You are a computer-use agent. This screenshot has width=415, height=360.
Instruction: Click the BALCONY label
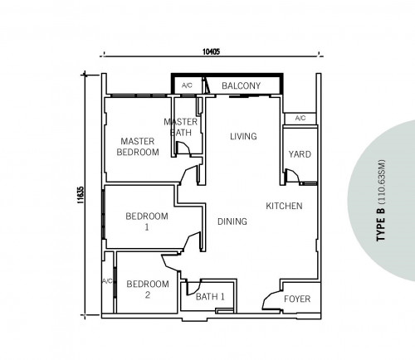pyautogui.click(x=241, y=85)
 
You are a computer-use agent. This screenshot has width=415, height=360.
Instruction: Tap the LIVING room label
pyautogui.click(x=243, y=136)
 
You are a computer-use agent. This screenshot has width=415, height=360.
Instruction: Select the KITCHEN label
pyautogui.click(x=284, y=206)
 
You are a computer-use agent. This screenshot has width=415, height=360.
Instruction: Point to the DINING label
pyautogui.click(x=232, y=221)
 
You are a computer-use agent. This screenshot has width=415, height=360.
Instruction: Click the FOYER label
pyautogui.click(x=297, y=299)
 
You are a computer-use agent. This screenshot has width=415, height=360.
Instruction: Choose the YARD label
pyautogui.click(x=300, y=154)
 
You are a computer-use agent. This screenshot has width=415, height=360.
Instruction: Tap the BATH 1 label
pyautogui.click(x=210, y=297)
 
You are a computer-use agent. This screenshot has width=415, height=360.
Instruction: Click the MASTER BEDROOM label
pyautogui.click(x=138, y=147)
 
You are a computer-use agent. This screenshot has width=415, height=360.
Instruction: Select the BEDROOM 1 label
pyautogui.click(x=147, y=221)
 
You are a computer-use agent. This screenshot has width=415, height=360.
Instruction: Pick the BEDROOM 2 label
pyautogui.click(x=148, y=289)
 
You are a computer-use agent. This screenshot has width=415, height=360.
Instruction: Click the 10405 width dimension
pyautogui.click(x=211, y=51)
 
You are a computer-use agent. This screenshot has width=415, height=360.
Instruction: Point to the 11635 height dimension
pyautogui.click(x=81, y=195)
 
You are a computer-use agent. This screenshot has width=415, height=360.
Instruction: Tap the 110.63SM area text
pyautogui.click(x=382, y=182)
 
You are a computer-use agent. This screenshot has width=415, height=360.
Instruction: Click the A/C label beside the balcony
pyautogui.click(x=187, y=85)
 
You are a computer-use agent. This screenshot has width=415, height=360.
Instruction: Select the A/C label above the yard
pyautogui.click(x=300, y=119)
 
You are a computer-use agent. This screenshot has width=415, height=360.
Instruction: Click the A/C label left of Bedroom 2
pyautogui.click(x=108, y=281)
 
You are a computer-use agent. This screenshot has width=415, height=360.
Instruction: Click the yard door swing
pyautogui.click(x=293, y=176)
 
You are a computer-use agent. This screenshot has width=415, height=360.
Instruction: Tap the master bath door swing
pyautogui.click(x=183, y=148)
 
